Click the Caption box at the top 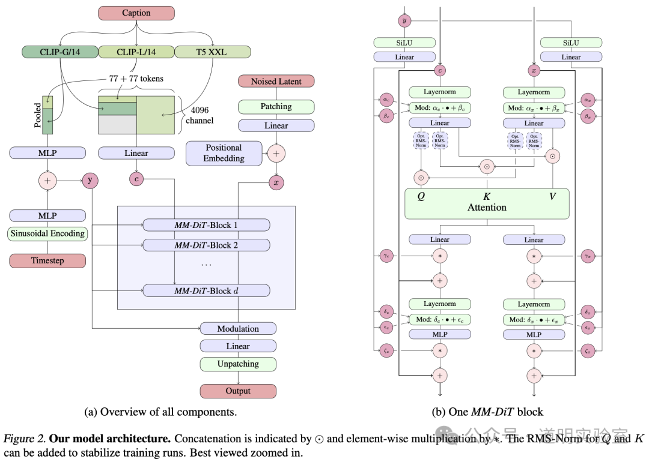[x=136, y=13]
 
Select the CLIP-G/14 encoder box [x=59, y=52]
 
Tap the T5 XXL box [x=213, y=52]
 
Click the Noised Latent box [x=276, y=82]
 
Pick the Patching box [x=276, y=107]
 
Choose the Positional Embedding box [x=224, y=153]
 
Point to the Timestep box [x=47, y=261]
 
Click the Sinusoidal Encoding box [x=47, y=233]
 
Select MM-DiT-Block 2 [x=206, y=245]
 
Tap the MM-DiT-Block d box [x=206, y=291]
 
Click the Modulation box [x=238, y=329]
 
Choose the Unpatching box [x=238, y=364]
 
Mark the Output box [x=238, y=391]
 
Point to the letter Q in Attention [x=421, y=196]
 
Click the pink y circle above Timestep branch [x=91, y=179]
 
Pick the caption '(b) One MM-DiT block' [x=487, y=412]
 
